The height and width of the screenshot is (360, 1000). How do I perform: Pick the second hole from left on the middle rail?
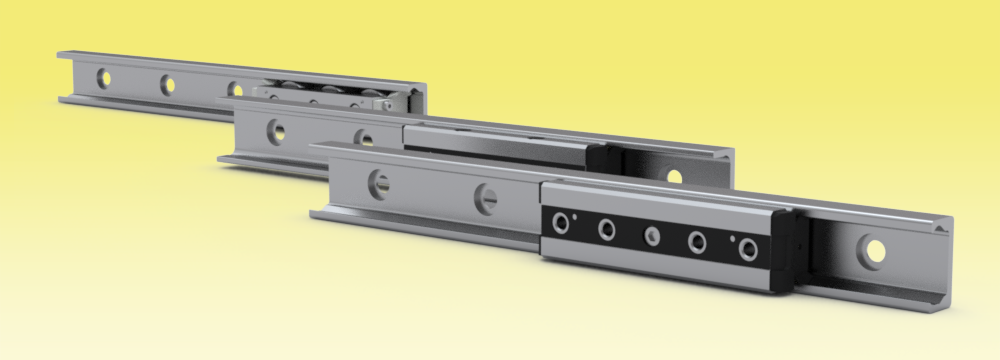(x=367, y=138)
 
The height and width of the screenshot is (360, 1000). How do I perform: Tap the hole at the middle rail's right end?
(x=674, y=177)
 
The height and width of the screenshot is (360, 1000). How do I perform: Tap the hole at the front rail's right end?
(x=876, y=250)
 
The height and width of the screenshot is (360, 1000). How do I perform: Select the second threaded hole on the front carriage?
(x=607, y=230)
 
